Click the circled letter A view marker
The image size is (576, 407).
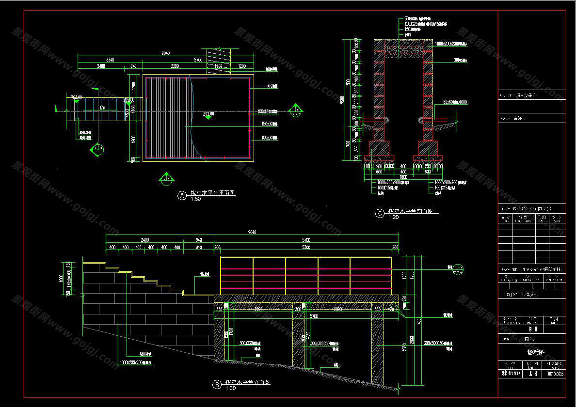tap(182, 195)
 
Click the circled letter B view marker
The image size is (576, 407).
tap(217, 385)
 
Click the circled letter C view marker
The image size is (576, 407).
tap(380, 213)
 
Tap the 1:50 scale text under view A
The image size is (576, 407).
tap(196, 199)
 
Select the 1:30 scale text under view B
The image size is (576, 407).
tap(230, 389)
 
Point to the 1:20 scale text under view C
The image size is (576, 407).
tap(393, 218)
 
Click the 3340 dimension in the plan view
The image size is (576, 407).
tap(110, 60)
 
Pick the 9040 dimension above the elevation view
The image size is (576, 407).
tap(252, 233)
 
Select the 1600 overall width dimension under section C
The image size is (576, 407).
tap(403, 176)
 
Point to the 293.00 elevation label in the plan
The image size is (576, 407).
tap(76, 97)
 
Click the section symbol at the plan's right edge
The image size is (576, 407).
tap(294, 111)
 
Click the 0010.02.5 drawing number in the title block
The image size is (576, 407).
tap(556, 373)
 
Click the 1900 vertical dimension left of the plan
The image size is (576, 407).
tap(131, 139)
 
